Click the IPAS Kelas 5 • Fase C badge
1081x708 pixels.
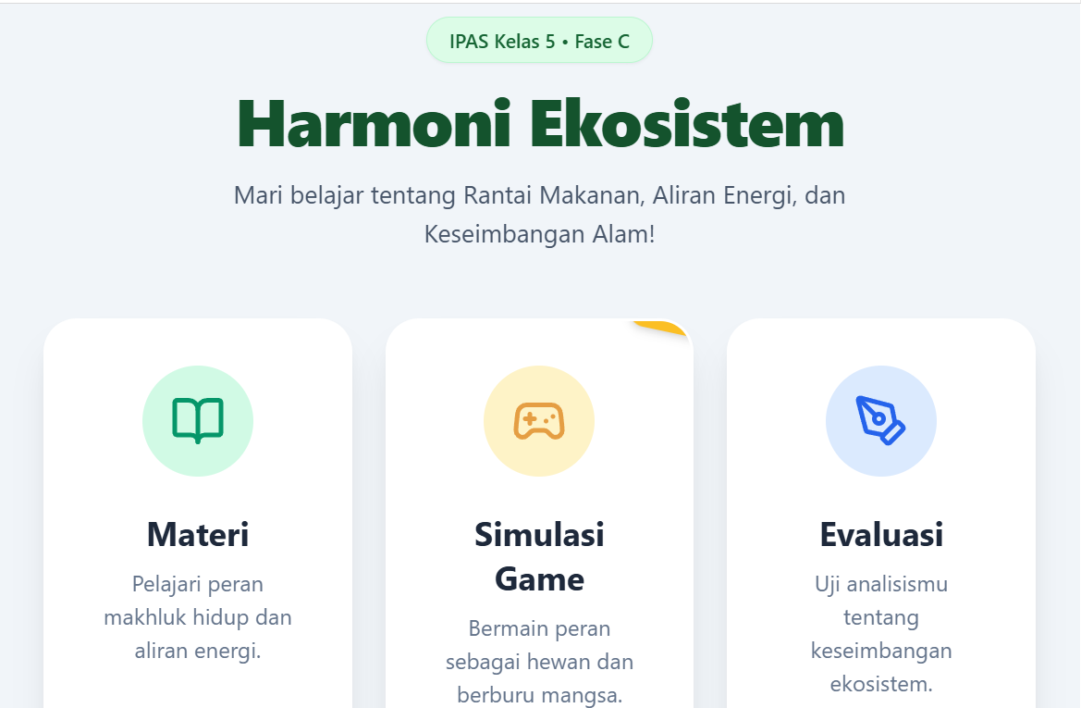pyautogui.click(x=539, y=41)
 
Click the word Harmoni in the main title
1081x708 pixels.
pyautogui.click(x=375, y=124)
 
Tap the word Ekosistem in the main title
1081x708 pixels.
pyautogui.click(x=687, y=124)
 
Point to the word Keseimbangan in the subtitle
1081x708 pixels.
pyautogui.click(x=505, y=234)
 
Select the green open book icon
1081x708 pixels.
pyautogui.click(x=198, y=420)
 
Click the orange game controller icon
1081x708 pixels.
pyautogui.click(x=539, y=421)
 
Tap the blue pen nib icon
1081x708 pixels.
pyautogui.click(x=880, y=420)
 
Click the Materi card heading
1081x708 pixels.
pyautogui.click(x=198, y=535)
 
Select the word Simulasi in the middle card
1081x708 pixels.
pyautogui.click(x=539, y=535)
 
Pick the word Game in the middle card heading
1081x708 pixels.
pyautogui.click(x=539, y=579)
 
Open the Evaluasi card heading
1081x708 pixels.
pyautogui.click(x=881, y=535)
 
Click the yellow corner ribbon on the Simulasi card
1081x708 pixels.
pyautogui.click(x=662, y=328)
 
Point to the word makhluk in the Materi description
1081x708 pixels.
pyautogui.click(x=145, y=617)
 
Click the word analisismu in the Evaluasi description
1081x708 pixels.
pyautogui.click(x=897, y=585)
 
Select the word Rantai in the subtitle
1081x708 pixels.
pyautogui.click(x=498, y=195)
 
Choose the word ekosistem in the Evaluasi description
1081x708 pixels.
pyautogui.click(x=881, y=684)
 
